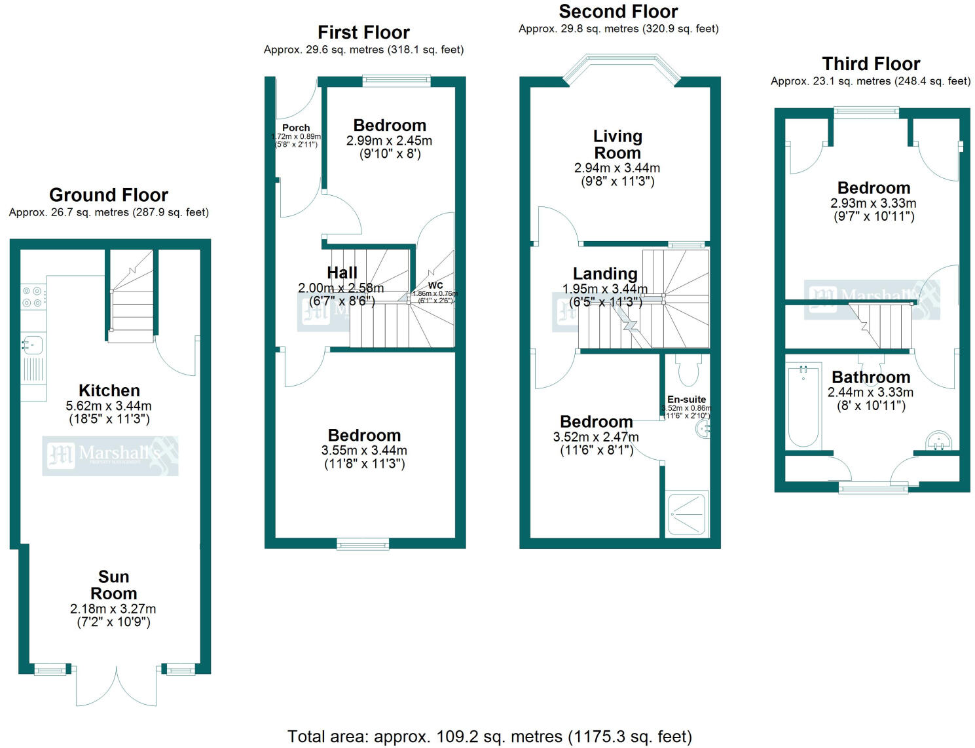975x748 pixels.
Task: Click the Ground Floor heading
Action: [109, 195]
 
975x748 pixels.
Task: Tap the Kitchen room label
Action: [109, 391]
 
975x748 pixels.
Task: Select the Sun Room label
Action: [113, 585]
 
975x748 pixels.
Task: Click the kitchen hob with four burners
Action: [33, 297]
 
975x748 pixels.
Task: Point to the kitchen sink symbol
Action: [32, 344]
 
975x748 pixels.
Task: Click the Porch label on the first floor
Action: [296, 128]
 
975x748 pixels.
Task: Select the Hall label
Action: [342, 272]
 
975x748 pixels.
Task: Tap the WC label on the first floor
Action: [435, 285]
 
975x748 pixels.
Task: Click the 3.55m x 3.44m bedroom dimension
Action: [364, 451]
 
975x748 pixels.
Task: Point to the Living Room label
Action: [617, 145]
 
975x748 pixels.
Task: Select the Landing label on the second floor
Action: [605, 274]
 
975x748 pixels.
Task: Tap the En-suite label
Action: [686, 399]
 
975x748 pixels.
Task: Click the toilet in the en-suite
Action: [688, 370]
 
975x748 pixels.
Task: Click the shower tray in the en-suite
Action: [687, 514]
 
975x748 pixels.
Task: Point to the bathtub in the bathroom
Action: [802, 406]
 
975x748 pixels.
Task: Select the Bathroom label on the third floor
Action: [871, 377]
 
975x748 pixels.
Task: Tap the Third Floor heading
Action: [871, 64]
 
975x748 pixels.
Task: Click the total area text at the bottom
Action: [489, 737]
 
